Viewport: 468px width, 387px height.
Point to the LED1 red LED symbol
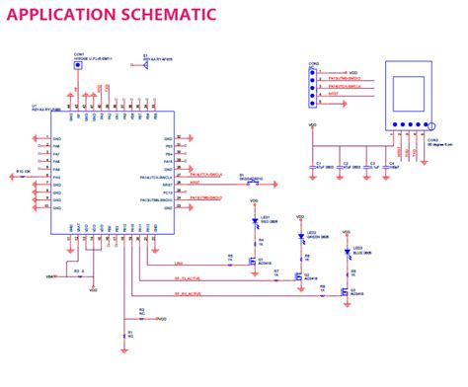pyautogui.click(x=256, y=224)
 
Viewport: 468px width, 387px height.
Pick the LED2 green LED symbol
pyautogui.click(x=301, y=238)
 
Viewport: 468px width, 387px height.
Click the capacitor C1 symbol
pyautogui.click(x=317, y=164)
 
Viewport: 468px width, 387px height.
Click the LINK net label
pyautogui.click(x=179, y=264)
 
